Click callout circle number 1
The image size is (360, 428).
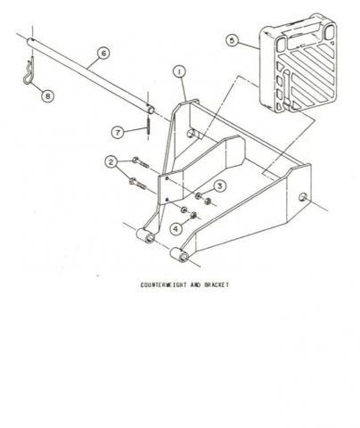[x=179, y=71]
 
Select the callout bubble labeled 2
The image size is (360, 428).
[x=111, y=162]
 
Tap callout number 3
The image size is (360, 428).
[x=219, y=186]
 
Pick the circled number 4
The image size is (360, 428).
[x=176, y=228]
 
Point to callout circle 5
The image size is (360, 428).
[x=233, y=40]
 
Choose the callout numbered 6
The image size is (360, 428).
[x=103, y=53]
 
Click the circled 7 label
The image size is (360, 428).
[x=118, y=132]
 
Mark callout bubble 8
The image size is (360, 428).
[x=47, y=95]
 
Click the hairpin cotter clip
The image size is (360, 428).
[x=28, y=73]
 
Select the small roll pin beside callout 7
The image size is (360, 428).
[x=148, y=127]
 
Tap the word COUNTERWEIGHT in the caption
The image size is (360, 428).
[x=164, y=284]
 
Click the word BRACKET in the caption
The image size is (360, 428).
[x=217, y=284]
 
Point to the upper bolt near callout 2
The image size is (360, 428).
[x=140, y=162]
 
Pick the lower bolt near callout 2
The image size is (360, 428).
[x=138, y=185]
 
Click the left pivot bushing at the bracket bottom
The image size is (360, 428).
[x=145, y=235]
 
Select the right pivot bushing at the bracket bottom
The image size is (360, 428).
[x=179, y=255]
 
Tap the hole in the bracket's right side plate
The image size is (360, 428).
[x=303, y=197]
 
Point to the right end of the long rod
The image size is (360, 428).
[x=151, y=110]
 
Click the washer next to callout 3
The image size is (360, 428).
[x=198, y=195]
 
